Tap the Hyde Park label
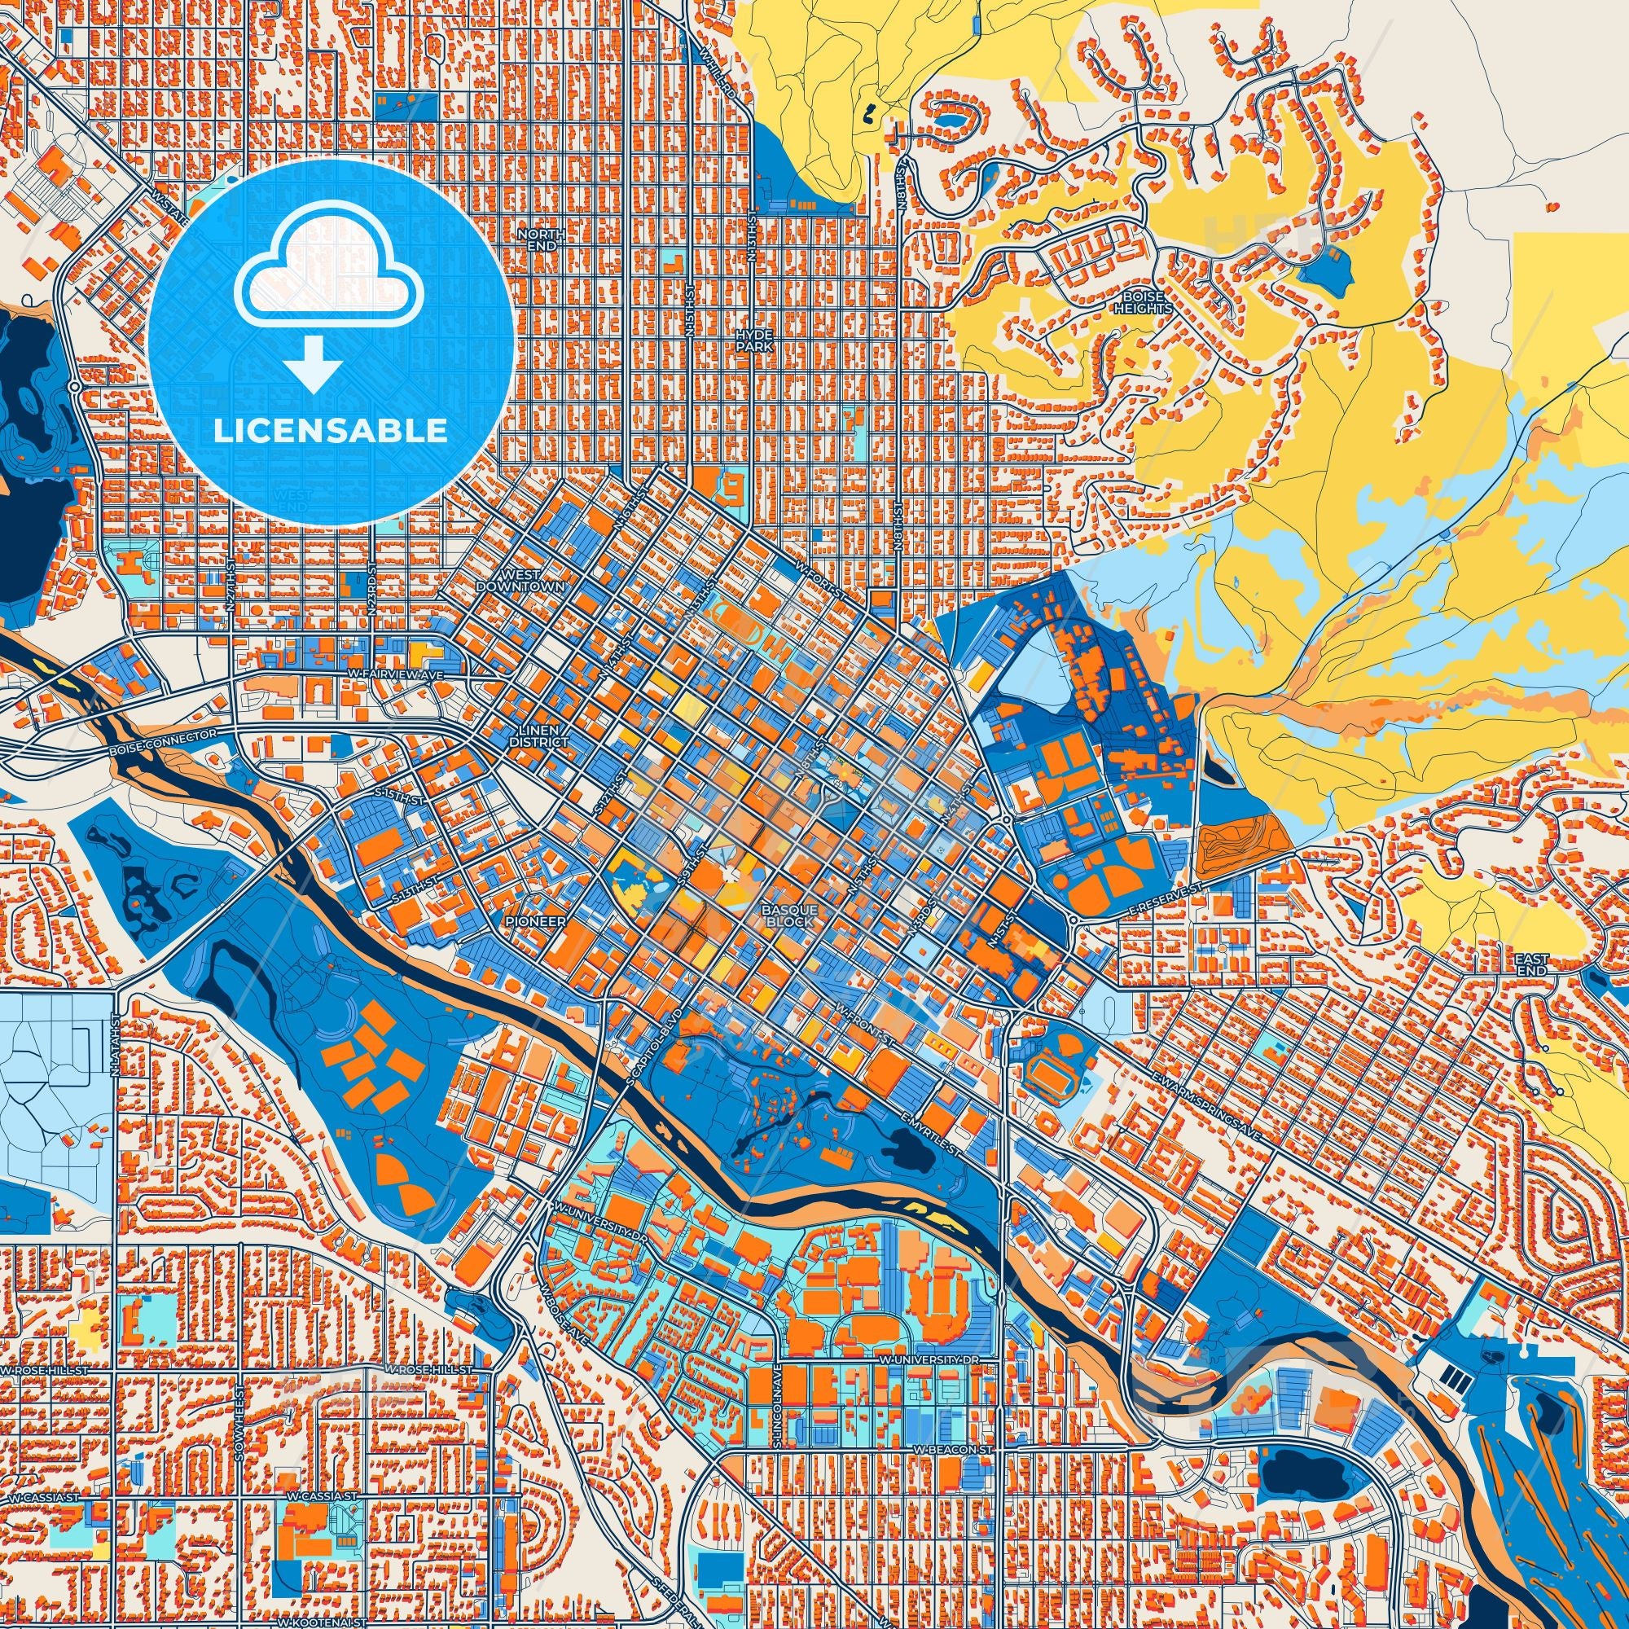point(753,340)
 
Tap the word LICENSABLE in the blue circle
point(331,431)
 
